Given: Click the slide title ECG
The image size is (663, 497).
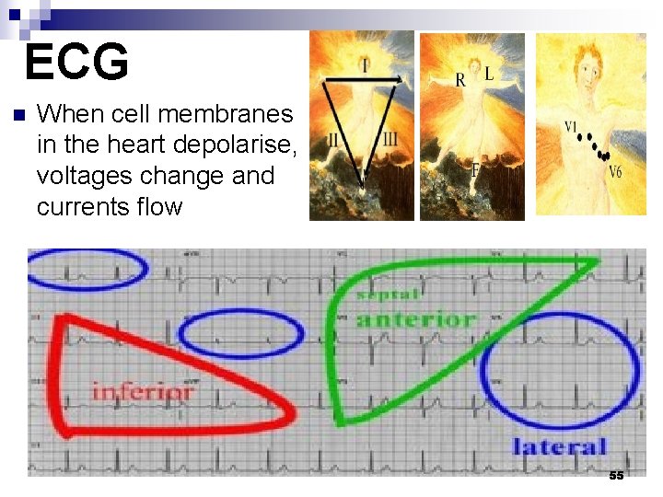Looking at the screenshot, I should (76, 63).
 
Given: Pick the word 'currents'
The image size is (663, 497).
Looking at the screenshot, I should (82, 206).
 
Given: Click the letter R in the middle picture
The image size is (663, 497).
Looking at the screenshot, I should (460, 80).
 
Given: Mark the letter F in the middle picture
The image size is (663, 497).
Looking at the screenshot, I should (475, 170).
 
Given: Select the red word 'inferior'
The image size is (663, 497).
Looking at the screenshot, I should (143, 391).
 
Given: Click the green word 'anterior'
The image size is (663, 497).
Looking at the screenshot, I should (416, 319).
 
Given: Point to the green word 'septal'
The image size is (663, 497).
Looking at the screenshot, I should (388, 295).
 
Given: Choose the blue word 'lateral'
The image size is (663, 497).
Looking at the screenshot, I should (560, 447).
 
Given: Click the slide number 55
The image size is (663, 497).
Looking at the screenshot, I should (616, 475).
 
